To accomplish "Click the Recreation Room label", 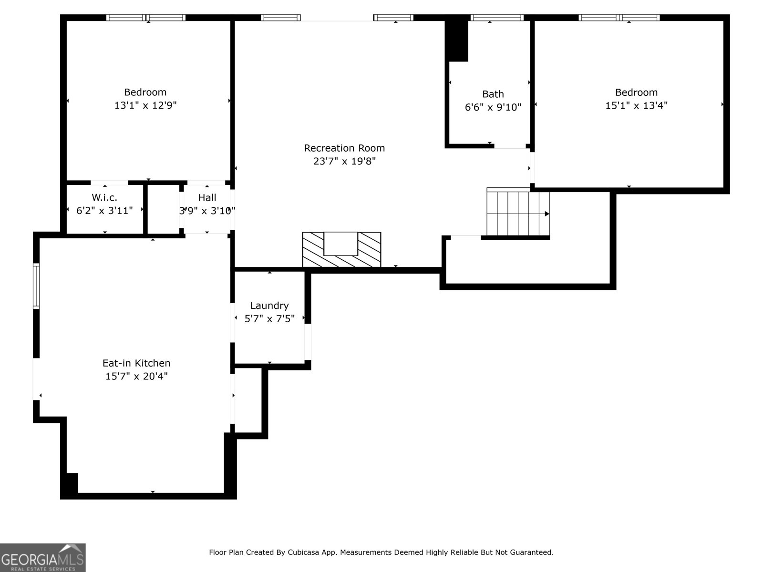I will pyautogui.click(x=344, y=148).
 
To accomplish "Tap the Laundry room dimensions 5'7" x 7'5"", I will pyautogui.click(x=269, y=319).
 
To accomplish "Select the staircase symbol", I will pyautogui.click(x=517, y=214).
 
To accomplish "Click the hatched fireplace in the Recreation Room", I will pyautogui.click(x=341, y=249).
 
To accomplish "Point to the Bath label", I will pyautogui.click(x=493, y=94).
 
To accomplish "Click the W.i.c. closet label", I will pyautogui.click(x=104, y=197).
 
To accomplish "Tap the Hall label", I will pyautogui.click(x=207, y=197).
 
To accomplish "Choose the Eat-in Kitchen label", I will pyautogui.click(x=136, y=363).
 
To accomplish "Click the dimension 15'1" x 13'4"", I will pyautogui.click(x=636, y=106).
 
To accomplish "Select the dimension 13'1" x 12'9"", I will pyautogui.click(x=145, y=106).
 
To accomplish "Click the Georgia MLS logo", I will pyautogui.click(x=43, y=558).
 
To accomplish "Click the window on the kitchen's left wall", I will pyautogui.click(x=36, y=286).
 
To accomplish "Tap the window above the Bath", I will pyautogui.click(x=496, y=18).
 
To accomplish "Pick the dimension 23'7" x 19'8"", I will pyautogui.click(x=344, y=162).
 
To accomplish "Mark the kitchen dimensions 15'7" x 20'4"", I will pyautogui.click(x=136, y=377).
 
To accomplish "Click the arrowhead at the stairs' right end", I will pyautogui.click(x=547, y=214).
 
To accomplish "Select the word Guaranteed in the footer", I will pyautogui.click(x=531, y=552).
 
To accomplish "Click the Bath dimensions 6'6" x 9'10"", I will pyautogui.click(x=493, y=108).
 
